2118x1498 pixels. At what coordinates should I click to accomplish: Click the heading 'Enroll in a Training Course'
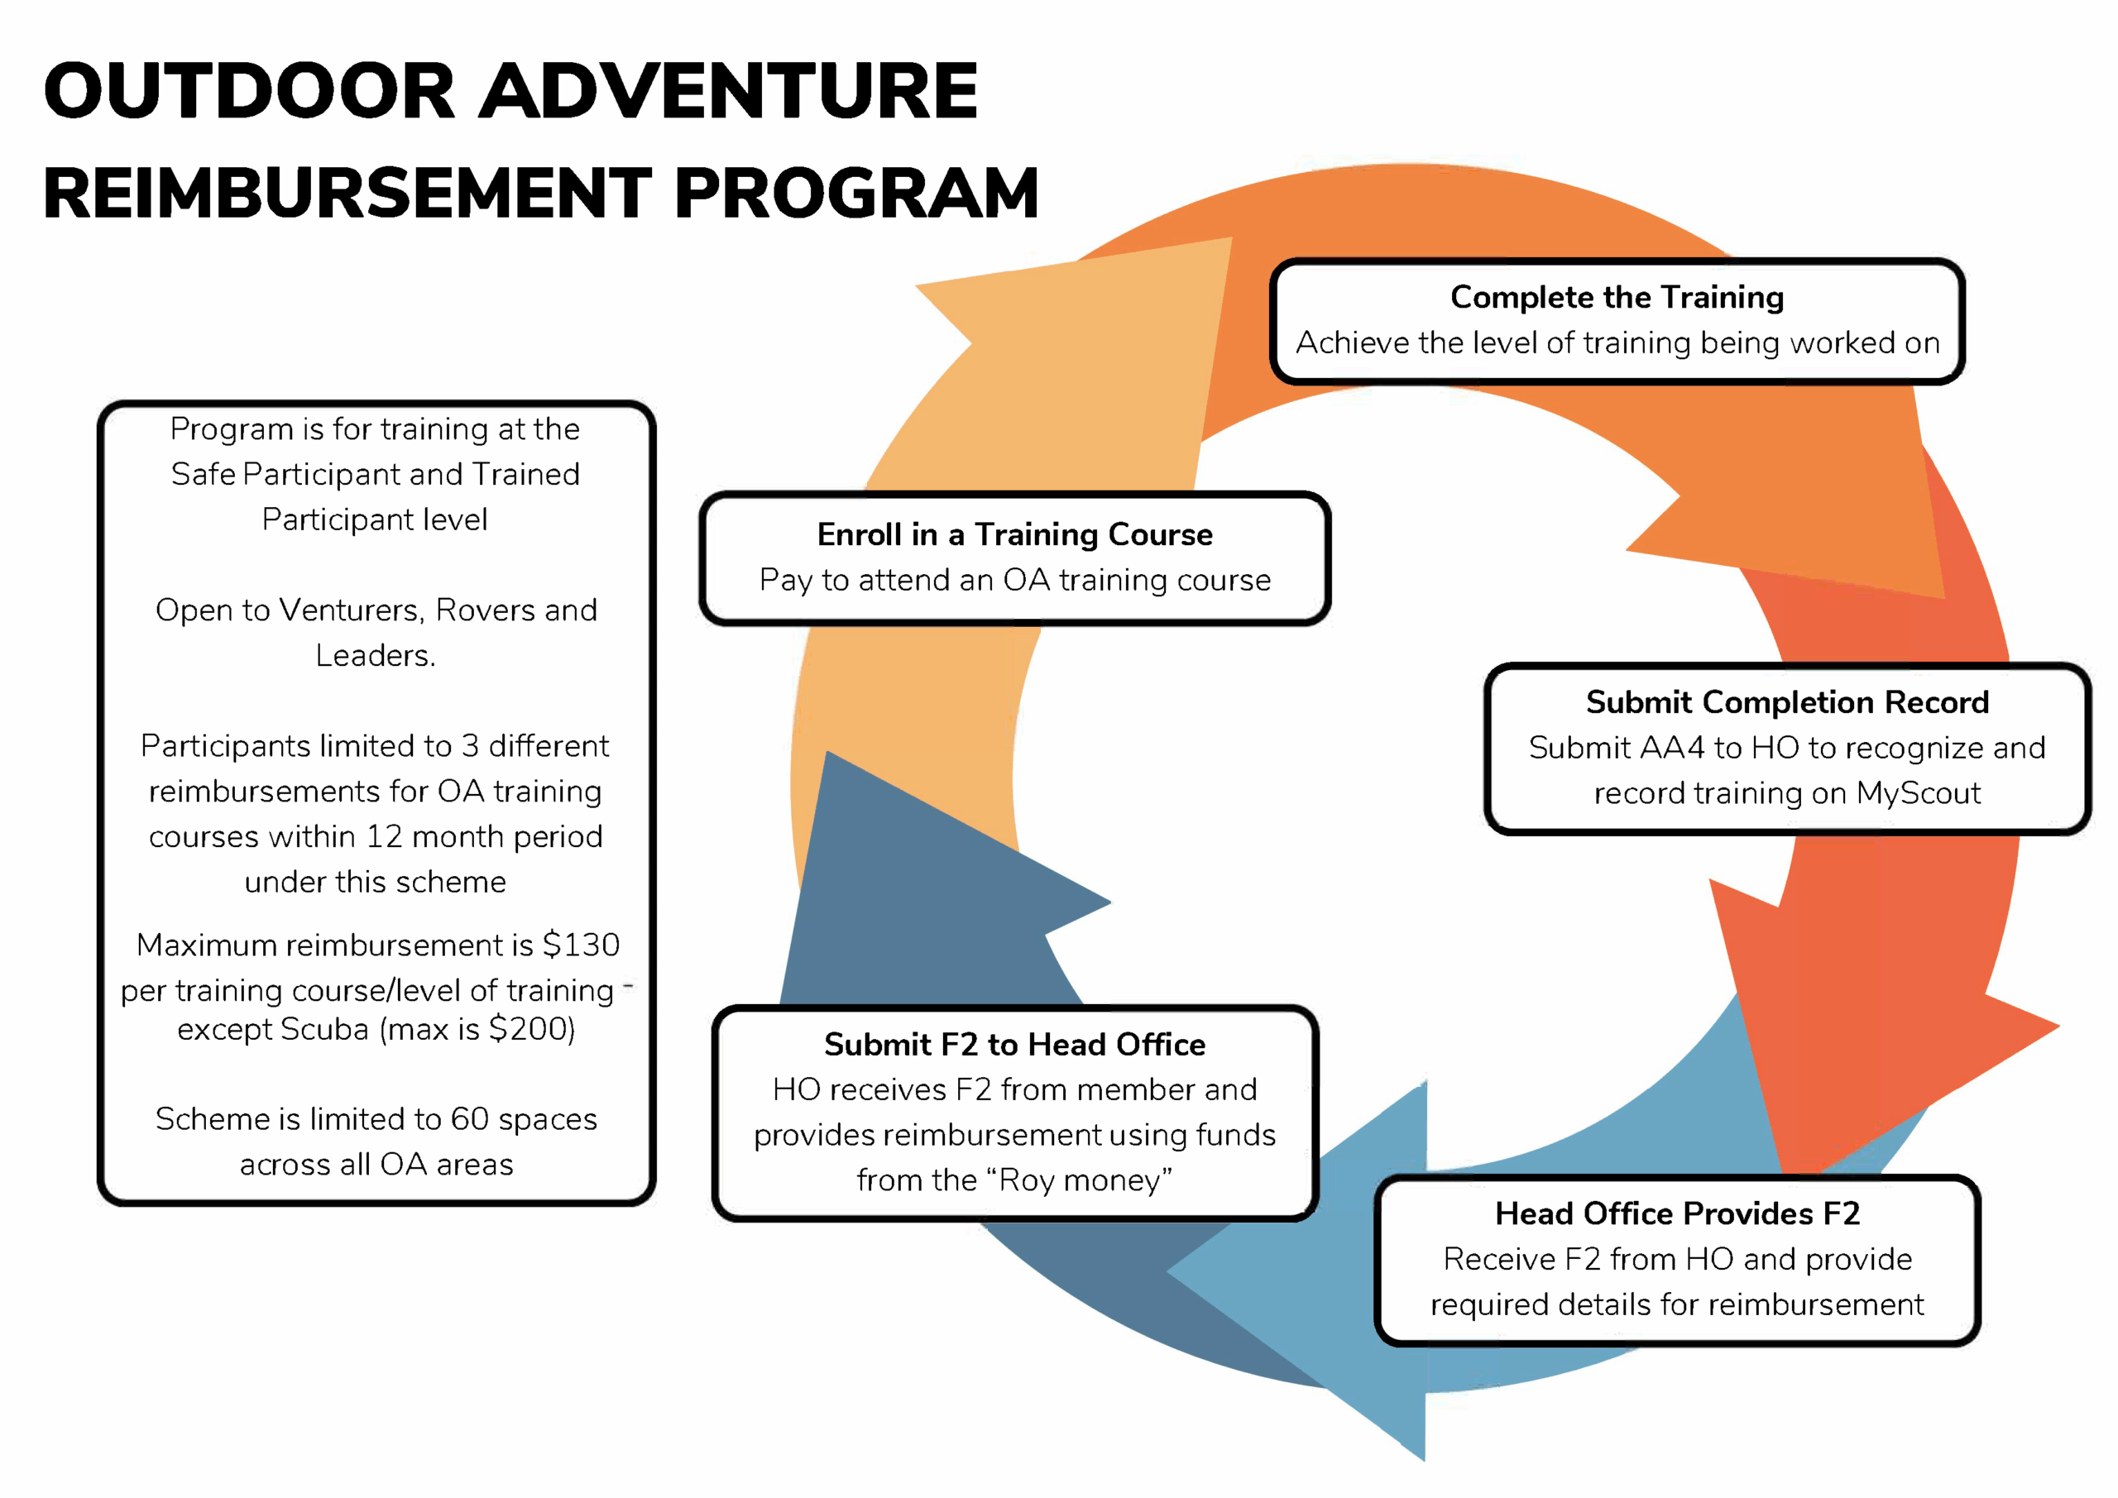coord(1014,534)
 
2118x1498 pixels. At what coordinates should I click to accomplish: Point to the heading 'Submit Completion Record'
coord(1787,702)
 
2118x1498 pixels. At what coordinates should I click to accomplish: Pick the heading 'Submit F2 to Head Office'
coord(1014,1044)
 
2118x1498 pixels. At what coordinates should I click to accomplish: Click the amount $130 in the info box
coord(580,945)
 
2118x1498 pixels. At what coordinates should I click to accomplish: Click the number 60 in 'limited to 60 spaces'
coord(470,1119)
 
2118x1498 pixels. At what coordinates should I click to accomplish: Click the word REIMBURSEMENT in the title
coord(347,194)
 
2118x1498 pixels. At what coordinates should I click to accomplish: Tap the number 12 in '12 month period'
coord(384,836)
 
